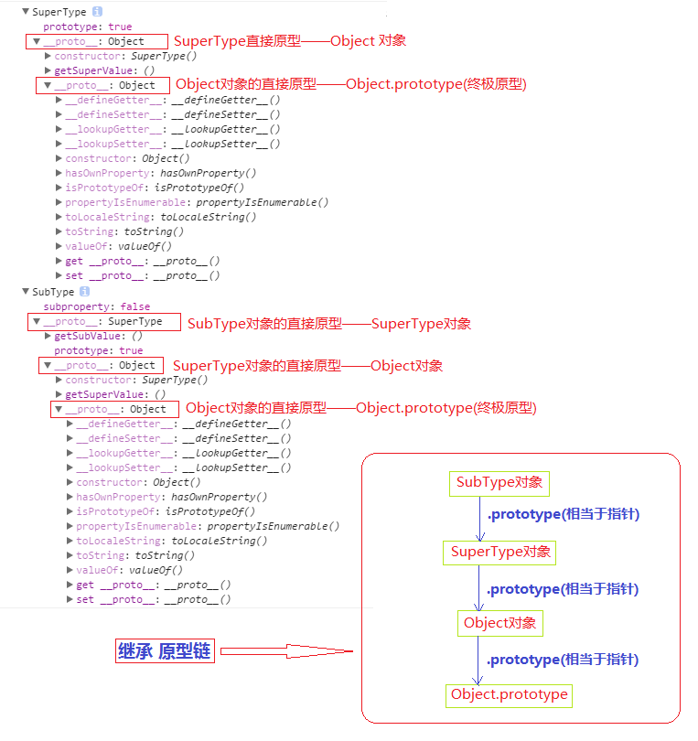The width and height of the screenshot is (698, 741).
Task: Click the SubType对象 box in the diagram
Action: [x=499, y=483]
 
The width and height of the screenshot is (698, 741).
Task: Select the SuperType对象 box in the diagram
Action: [x=500, y=552]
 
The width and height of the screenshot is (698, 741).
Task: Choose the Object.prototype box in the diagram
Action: [x=509, y=695]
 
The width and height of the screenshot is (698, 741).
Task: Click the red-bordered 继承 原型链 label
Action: [x=165, y=651]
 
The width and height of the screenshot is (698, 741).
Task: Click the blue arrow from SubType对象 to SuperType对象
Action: [x=479, y=519]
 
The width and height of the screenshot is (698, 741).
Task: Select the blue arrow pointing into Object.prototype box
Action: [x=478, y=660]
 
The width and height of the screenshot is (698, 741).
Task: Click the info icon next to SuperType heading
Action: [x=97, y=12]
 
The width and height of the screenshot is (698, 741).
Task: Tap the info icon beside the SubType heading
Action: [x=85, y=292]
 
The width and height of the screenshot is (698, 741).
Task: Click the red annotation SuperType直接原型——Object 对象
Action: [x=290, y=41]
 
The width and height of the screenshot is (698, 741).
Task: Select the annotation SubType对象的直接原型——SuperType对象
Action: [x=329, y=324]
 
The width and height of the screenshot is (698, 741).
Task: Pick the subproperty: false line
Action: [x=97, y=306]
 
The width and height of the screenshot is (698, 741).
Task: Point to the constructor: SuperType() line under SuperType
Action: [x=113, y=56]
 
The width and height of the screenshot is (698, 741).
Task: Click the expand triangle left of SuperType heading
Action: [x=25, y=12]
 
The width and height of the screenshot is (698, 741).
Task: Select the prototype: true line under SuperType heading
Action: [x=86, y=27]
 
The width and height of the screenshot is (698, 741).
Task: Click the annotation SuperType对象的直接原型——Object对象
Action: [x=307, y=366]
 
